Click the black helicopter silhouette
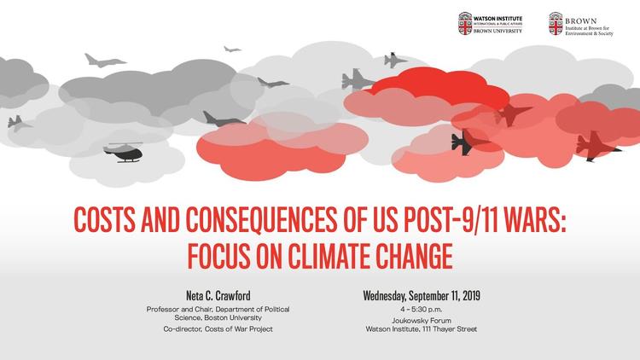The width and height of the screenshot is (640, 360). pos(123,153)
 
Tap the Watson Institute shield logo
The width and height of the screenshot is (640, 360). pos(465,23)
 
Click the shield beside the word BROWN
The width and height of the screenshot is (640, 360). pos(556,23)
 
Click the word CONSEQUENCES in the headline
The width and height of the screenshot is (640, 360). pos(261,220)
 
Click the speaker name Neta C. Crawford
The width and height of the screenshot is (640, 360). pos(218,295)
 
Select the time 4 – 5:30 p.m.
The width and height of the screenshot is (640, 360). pos(422,310)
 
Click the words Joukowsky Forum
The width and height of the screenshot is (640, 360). pos(422,321)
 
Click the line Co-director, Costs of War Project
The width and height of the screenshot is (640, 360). pos(218,329)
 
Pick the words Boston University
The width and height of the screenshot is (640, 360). pos(233,317)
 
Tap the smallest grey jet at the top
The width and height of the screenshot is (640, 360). pos(232,49)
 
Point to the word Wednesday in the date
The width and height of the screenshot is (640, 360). pos(384,295)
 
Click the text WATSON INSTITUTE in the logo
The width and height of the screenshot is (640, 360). pos(497,19)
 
